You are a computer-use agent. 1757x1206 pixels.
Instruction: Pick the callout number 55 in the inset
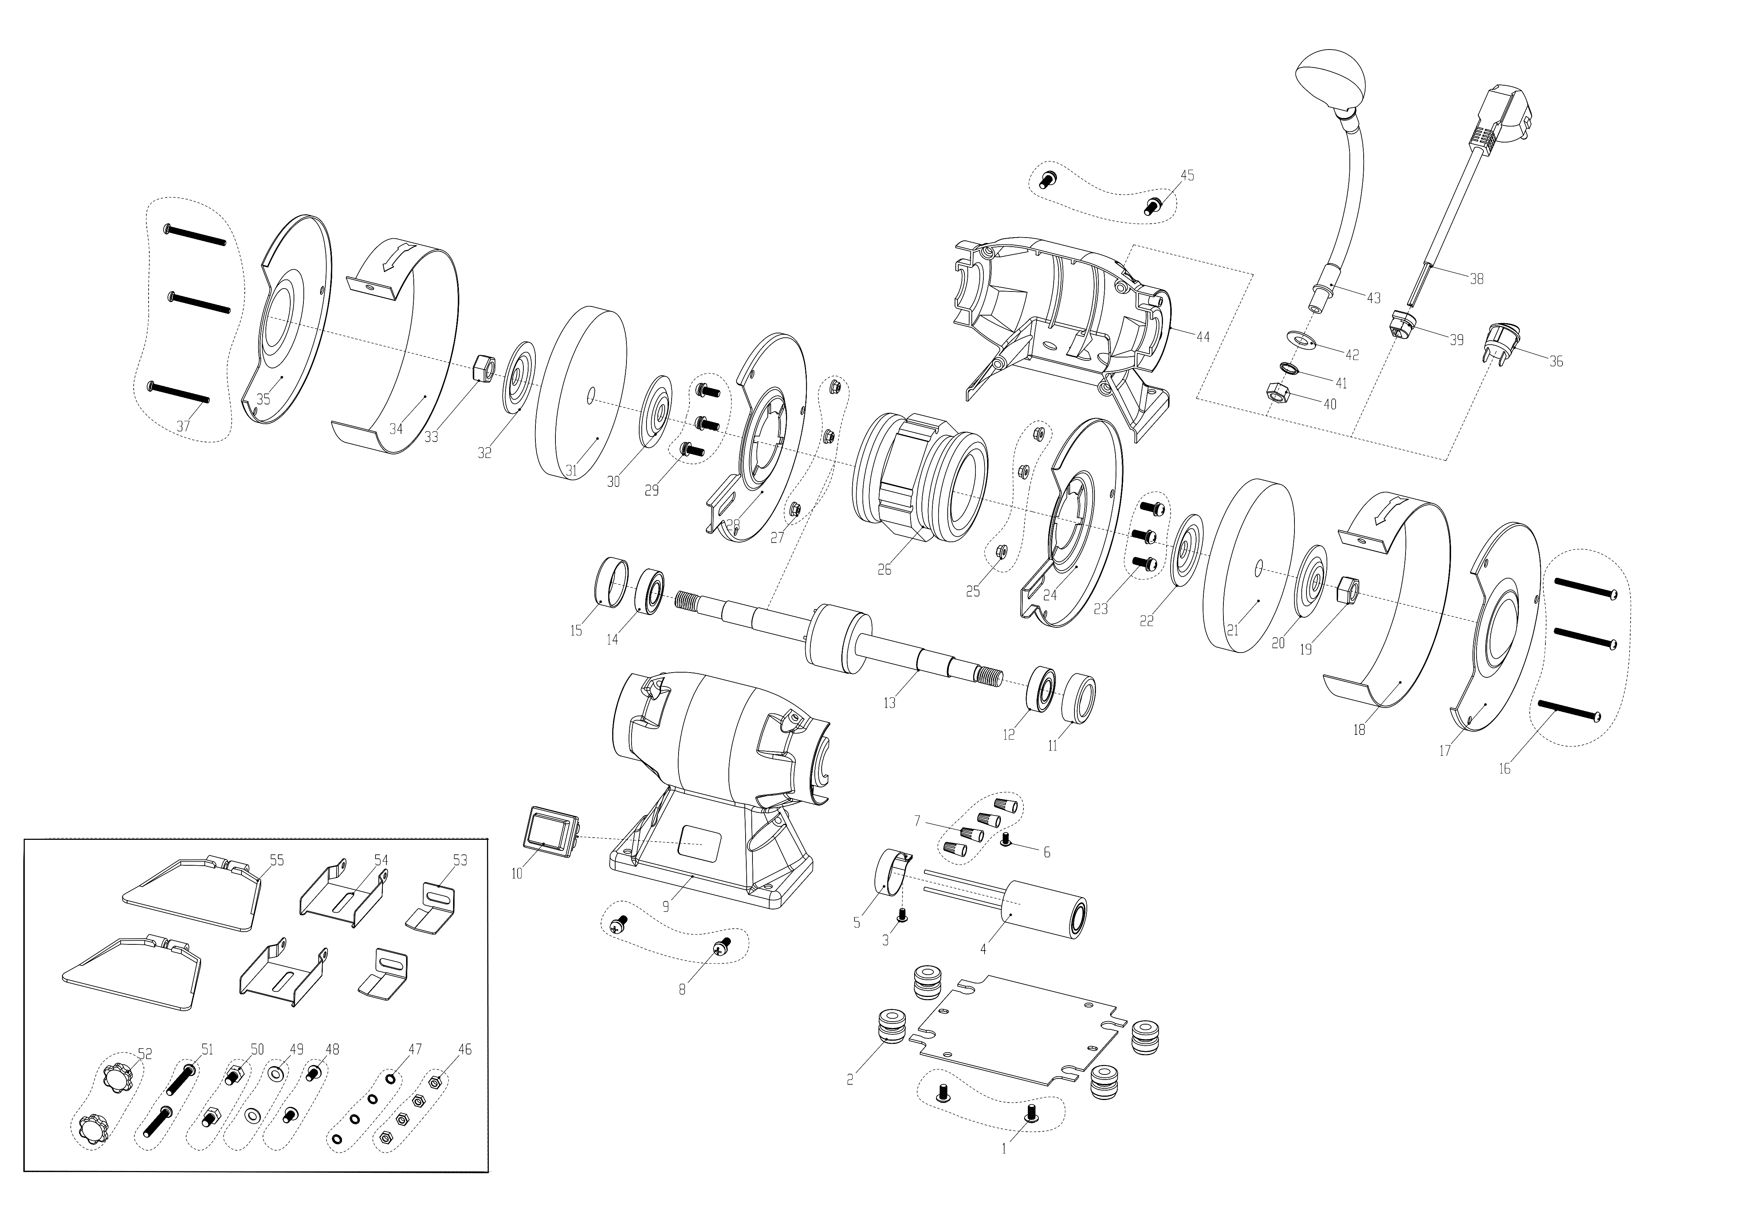point(277,860)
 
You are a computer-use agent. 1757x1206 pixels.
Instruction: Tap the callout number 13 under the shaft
point(889,703)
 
